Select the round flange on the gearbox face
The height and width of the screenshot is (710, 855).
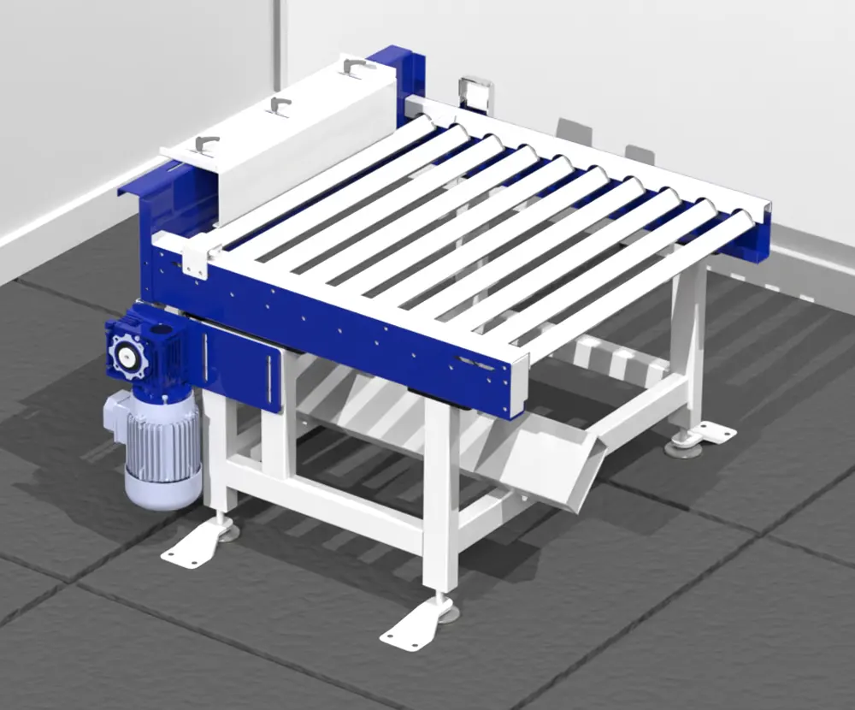click(127, 353)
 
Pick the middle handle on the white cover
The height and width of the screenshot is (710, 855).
click(279, 104)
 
